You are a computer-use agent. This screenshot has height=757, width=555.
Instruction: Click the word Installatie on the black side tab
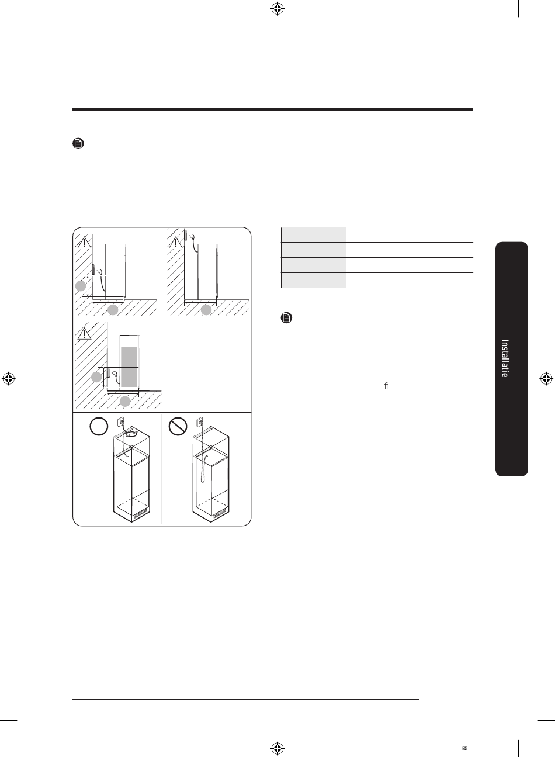click(x=505, y=358)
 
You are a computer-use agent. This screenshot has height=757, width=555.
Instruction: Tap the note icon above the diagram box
click(x=78, y=143)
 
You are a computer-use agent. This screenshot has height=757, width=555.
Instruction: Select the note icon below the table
click(x=286, y=317)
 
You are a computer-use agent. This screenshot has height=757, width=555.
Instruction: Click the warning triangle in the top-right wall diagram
click(x=175, y=243)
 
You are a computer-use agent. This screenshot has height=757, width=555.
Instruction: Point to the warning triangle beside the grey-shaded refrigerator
click(x=84, y=334)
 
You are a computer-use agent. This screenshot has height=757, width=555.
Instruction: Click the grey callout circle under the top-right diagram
click(x=206, y=310)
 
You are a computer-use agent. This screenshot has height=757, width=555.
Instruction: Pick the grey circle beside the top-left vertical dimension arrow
click(x=81, y=286)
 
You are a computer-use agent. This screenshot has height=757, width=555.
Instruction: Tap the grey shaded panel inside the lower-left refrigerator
click(x=129, y=367)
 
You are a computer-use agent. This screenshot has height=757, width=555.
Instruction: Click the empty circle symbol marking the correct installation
click(x=99, y=426)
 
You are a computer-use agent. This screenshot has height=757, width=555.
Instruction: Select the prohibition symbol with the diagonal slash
click(x=178, y=426)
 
